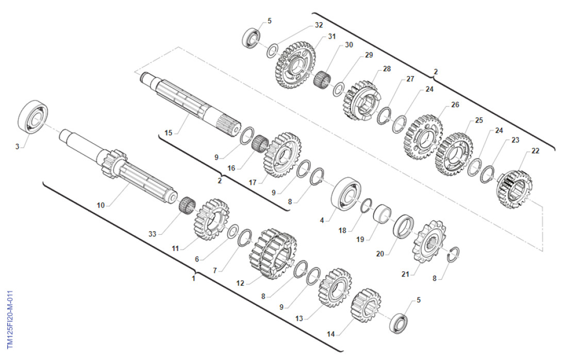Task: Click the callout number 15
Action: coord(169,133)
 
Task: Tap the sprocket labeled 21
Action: coord(429,242)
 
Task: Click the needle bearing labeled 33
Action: coord(187,205)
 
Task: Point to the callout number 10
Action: coord(101,205)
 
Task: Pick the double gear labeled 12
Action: coord(273,254)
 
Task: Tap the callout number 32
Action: coord(319,25)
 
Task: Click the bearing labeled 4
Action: coord(346,193)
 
